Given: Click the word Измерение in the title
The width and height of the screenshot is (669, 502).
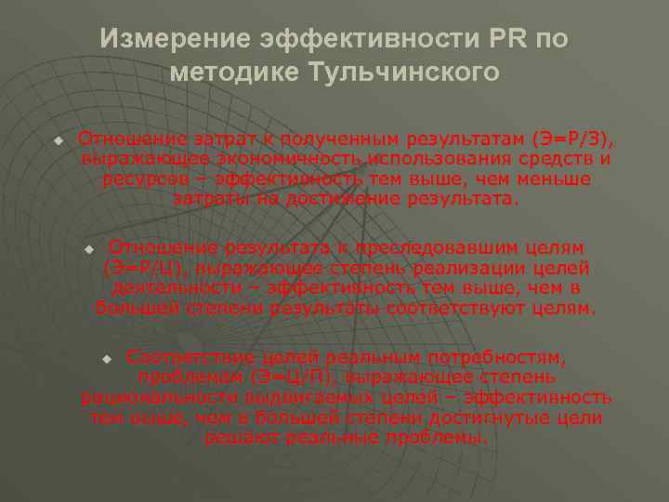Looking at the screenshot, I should (173, 39).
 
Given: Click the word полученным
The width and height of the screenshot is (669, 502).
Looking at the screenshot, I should (343, 139).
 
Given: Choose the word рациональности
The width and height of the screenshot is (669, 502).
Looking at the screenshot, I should (151, 397).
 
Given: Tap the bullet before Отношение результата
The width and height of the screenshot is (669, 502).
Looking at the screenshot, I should (89, 249).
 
